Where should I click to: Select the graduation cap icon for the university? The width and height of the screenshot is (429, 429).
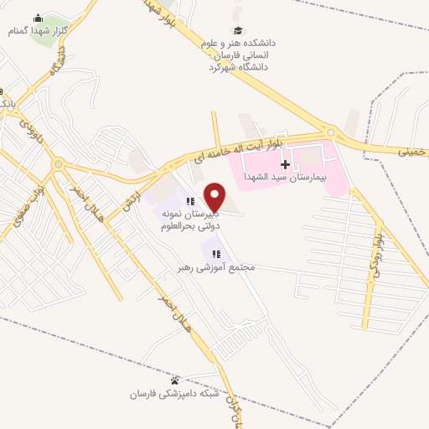tap(239, 29)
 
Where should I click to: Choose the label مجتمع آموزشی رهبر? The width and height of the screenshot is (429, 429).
tap(215, 268)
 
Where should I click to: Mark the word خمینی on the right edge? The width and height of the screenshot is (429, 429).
tap(412, 151)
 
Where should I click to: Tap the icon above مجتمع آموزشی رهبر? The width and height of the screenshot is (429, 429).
tap(215, 253)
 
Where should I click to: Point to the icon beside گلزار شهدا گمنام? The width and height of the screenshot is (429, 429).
tap(37, 18)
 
